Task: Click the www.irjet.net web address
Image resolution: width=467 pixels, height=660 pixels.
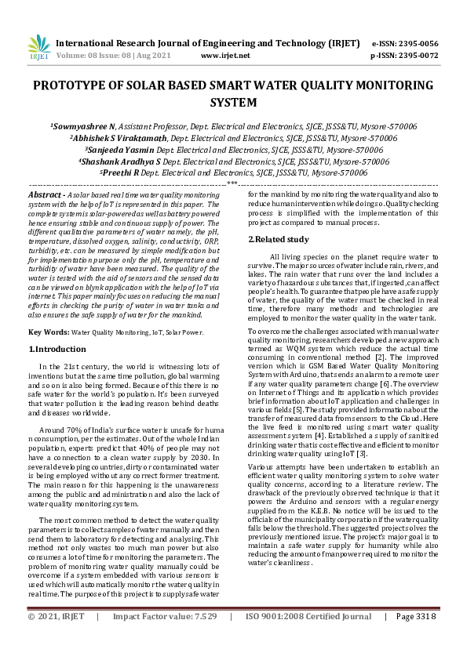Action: [x=225, y=56]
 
